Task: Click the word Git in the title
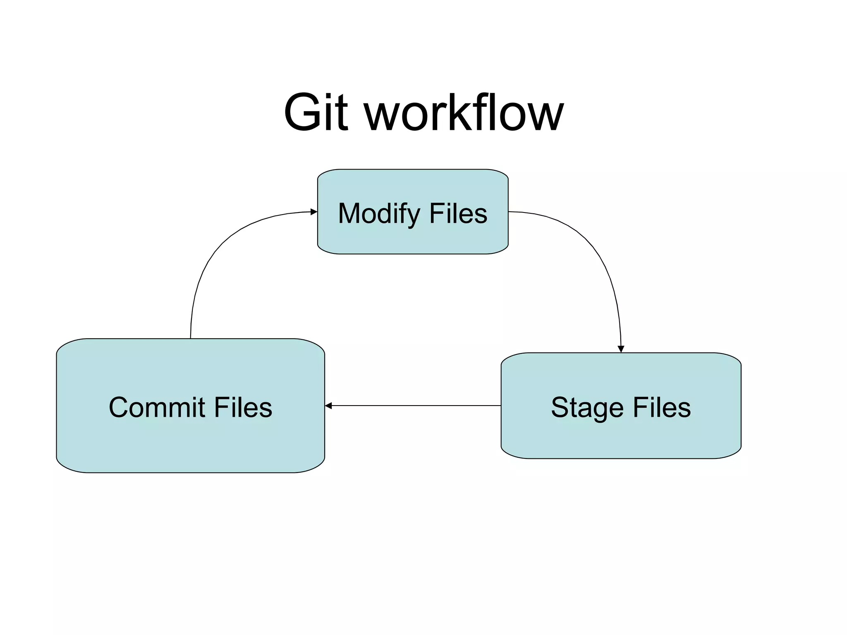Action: pos(315,112)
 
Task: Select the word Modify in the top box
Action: pos(378,214)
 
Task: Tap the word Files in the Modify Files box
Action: pos(458,214)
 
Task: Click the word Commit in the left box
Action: pos(157,408)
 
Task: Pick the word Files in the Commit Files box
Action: pos(243,408)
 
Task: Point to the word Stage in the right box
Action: pos(587,408)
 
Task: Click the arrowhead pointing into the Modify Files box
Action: pos(314,212)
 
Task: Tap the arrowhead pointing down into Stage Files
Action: pos(621,349)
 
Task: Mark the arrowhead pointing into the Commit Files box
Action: pos(328,406)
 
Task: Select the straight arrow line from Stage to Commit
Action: pos(414,406)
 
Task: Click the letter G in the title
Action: pos(303,112)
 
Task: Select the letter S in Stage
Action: pos(560,408)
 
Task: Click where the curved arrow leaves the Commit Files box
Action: pos(191,337)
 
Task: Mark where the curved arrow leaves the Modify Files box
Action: pos(510,212)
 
